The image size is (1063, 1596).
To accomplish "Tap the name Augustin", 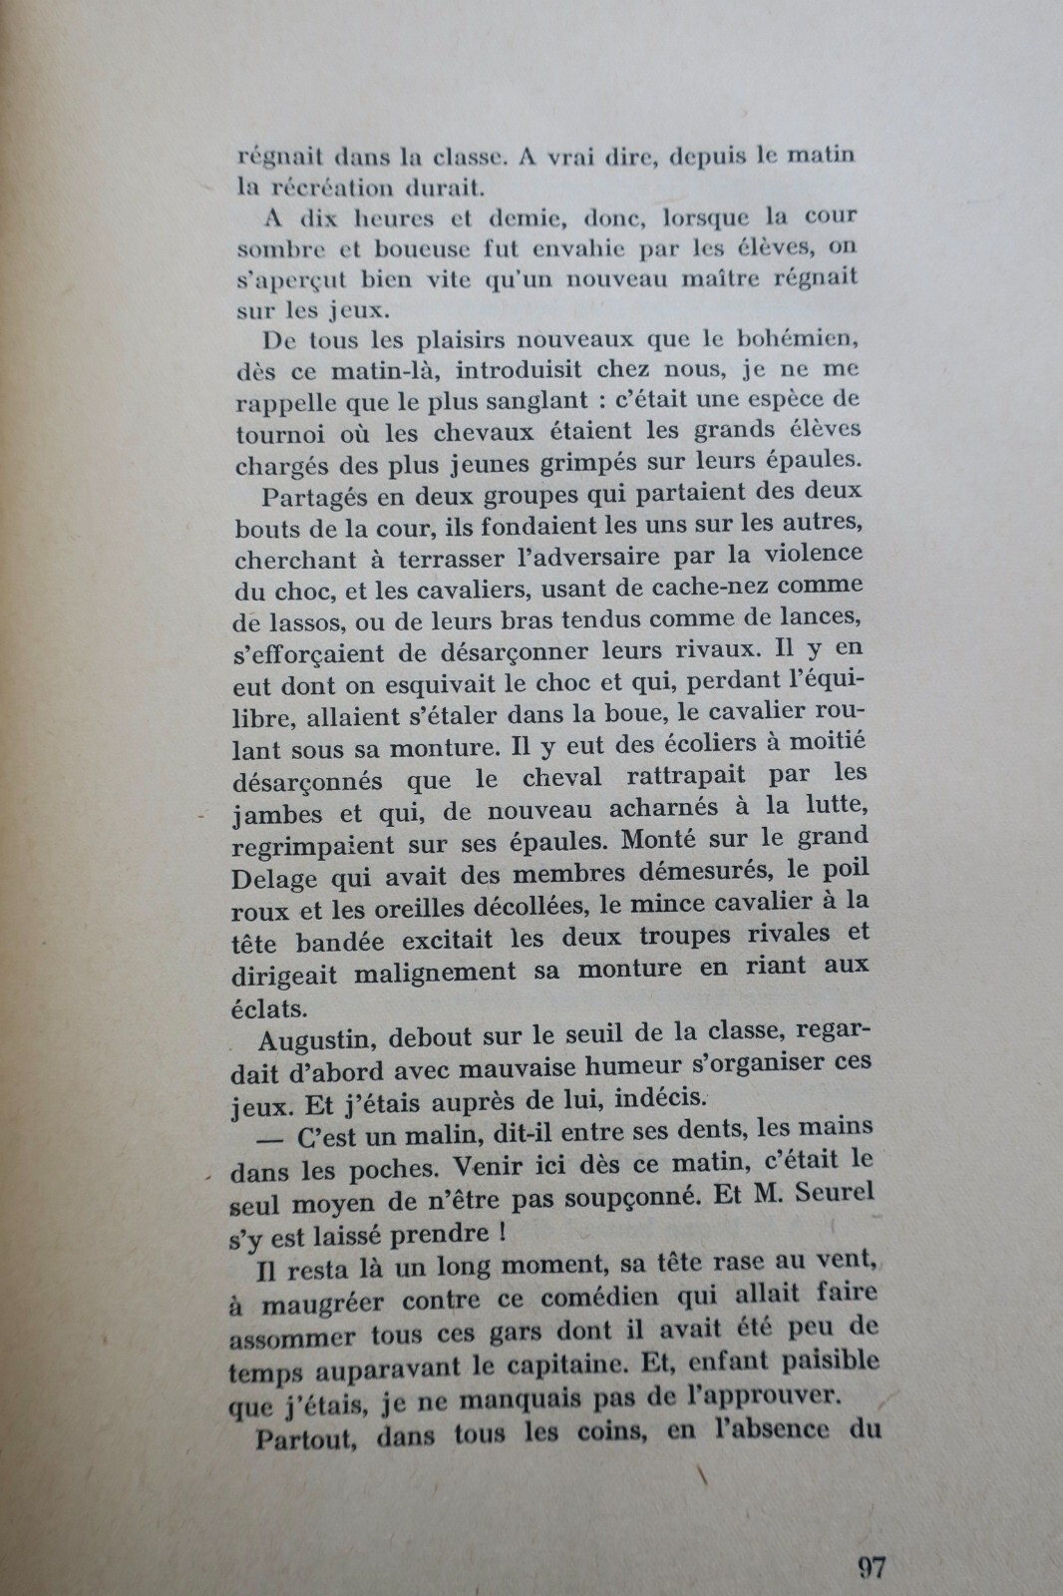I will [x=312, y=1039].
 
